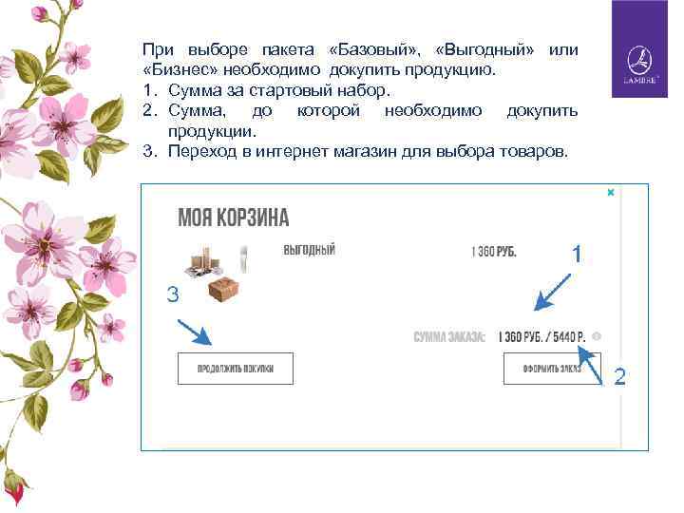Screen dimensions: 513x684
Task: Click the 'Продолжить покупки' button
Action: click(235, 368)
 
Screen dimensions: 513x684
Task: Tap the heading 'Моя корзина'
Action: click(234, 218)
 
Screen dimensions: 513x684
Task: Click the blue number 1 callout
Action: click(577, 255)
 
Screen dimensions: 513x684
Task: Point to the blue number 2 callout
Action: click(619, 377)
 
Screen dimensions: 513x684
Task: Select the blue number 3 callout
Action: click(172, 294)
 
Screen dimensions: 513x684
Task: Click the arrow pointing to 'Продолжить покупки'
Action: click(195, 332)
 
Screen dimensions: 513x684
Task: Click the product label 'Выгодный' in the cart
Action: click(310, 251)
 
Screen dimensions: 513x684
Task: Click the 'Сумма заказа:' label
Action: click(450, 337)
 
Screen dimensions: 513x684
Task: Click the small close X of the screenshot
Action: click(611, 192)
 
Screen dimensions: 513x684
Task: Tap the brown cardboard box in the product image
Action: click(223, 289)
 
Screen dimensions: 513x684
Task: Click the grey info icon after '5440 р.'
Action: click(596, 337)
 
